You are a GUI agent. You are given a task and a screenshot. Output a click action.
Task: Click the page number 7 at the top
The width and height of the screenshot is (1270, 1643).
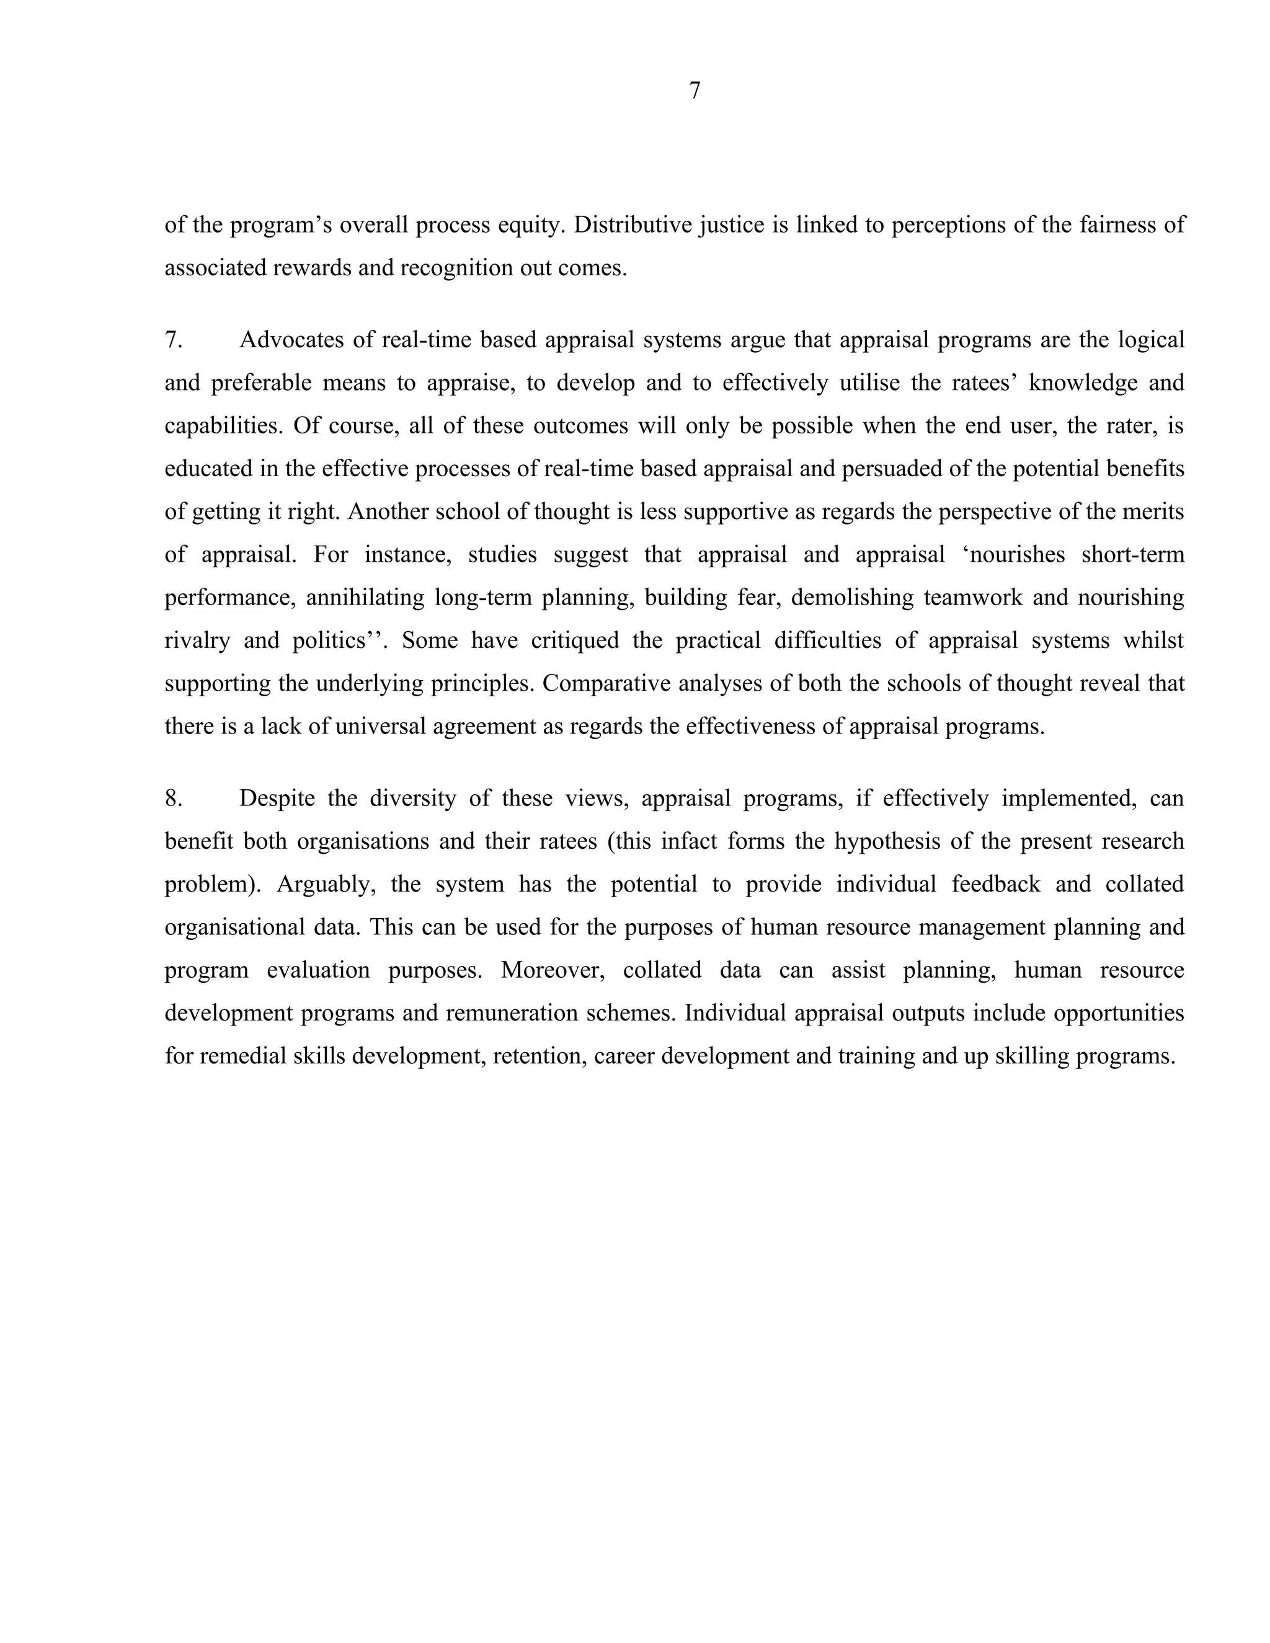[695, 91]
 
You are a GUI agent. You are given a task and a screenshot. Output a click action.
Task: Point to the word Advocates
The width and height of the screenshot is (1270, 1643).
[292, 340]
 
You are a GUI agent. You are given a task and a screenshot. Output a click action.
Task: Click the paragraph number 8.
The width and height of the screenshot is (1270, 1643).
[173, 798]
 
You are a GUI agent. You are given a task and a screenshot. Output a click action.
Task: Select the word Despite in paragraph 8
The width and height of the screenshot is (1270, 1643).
[277, 798]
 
